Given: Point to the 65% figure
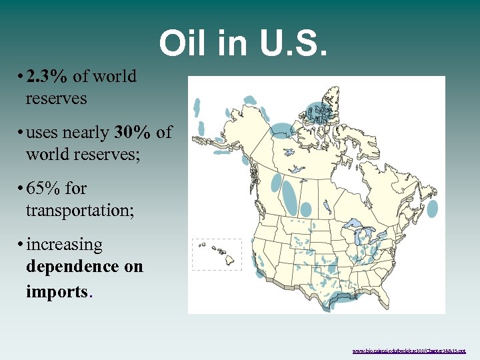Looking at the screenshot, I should point(43,189).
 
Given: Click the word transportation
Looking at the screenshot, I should point(79,211).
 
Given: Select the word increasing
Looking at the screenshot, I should point(65,245).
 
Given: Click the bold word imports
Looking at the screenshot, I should point(56,291).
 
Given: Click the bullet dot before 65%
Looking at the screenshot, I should point(22,189).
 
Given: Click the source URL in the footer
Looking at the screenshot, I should point(409,350).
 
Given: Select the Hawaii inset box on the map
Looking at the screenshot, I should point(208,254).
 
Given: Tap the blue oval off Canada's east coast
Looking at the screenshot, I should point(432,209).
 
